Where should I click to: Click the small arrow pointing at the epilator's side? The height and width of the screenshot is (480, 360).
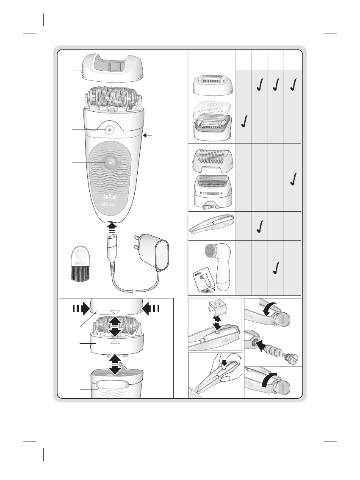147,135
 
